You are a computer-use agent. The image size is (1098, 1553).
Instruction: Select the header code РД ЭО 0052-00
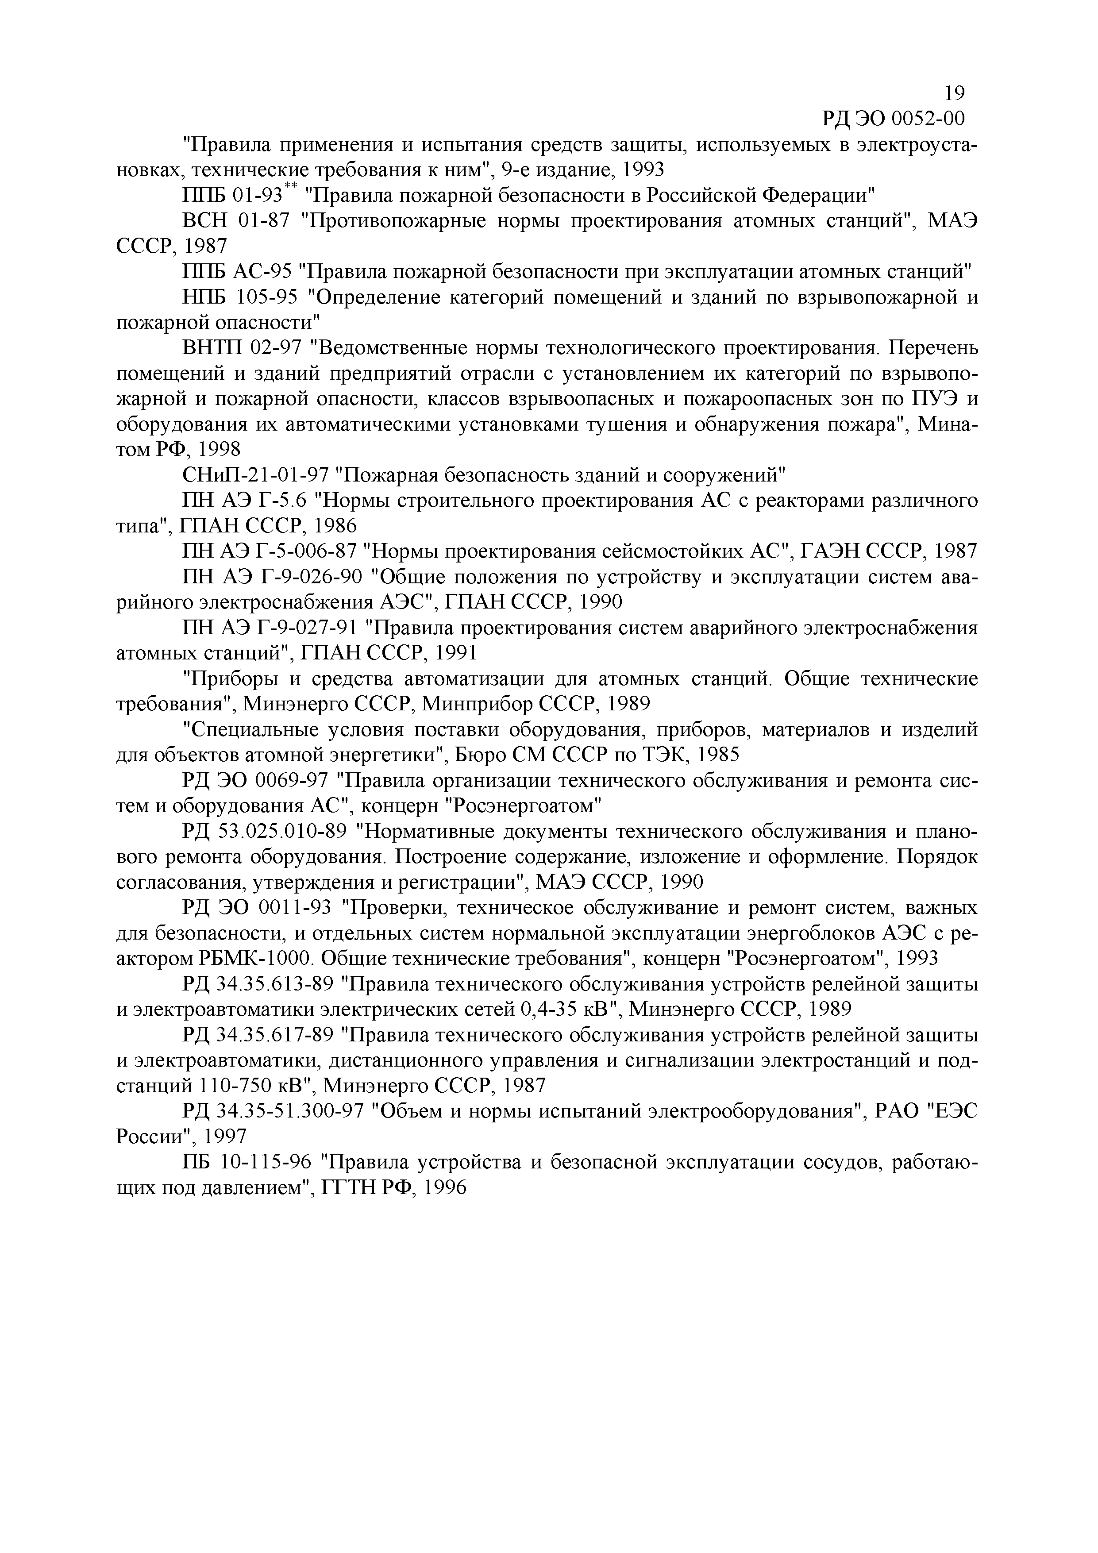pyautogui.click(x=892, y=119)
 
